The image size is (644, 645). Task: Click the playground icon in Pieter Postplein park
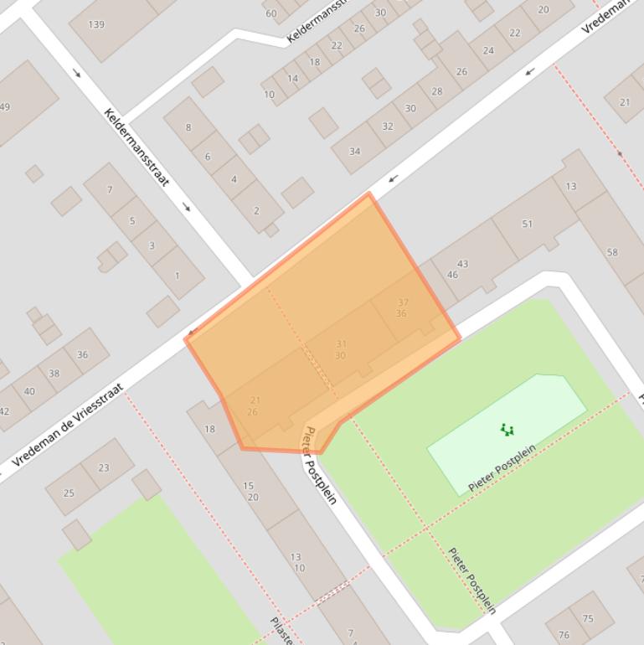(x=507, y=430)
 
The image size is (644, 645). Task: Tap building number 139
(x=96, y=25)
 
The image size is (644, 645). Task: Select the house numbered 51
(x=527, y=224)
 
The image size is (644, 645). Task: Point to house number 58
(x=612, y=252)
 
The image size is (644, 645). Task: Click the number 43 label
(x=462, y=264)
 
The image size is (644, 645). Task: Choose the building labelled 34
(x=355, y=152)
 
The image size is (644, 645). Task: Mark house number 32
(x=388, y=126)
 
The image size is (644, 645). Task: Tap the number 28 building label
(x=436, y=91)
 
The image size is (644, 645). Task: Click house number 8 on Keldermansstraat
(x=188, y=127)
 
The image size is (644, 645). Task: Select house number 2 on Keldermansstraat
(x=256, y=210)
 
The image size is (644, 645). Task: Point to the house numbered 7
(x=109, y=190)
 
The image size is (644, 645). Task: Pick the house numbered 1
(x=177, y=275)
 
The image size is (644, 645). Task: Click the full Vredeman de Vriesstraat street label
(x=69, y=425)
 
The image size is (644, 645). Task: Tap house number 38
(x=54, y=374)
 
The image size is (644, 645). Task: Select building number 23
(x=104, y=467)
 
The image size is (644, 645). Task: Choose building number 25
(x=69, y=493)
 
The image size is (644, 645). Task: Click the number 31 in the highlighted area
(x=341, y=344)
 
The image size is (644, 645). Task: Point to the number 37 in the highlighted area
(x=403, y=302)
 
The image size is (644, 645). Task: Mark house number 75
(x=587, y=619)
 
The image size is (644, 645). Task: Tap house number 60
(x=270, y=13)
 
